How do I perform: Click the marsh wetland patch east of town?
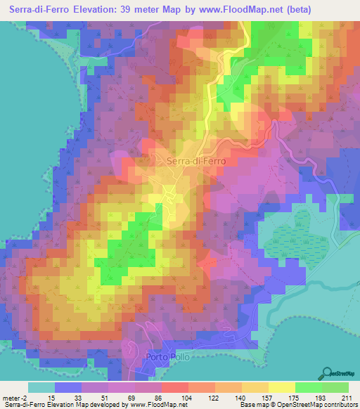[x=294, y=242]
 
